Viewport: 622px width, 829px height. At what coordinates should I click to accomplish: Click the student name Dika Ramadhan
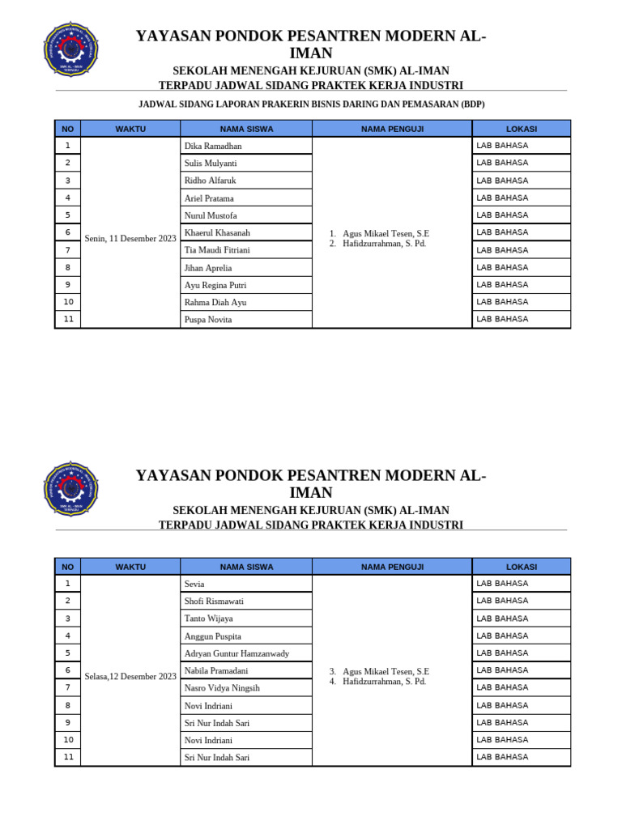click(213, 147)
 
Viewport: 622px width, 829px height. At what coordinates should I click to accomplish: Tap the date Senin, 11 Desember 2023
click(130, 239)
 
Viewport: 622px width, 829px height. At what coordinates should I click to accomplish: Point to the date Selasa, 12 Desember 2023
click(130, 677)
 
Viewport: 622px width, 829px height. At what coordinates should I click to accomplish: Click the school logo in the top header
click(70, 49)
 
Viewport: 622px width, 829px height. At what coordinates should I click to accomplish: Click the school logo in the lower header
click(70, 489)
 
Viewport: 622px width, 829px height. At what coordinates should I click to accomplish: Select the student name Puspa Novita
click(208, 320)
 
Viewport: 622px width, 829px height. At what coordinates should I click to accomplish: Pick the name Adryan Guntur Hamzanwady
click(236, 653)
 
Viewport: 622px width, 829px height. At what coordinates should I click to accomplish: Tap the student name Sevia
click(194, 584)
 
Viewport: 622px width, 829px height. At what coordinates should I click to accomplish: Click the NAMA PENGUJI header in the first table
click(392, 129)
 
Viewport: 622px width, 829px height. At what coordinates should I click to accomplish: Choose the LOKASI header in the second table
click(522, 567)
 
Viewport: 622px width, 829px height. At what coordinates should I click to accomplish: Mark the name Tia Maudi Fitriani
click(217, 250)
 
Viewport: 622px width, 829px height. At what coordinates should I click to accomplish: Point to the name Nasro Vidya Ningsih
click(222, 688)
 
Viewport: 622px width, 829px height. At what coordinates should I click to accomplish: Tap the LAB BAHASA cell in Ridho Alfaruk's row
click(502, 181)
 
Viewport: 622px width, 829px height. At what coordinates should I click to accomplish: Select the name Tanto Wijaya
click(208, 619)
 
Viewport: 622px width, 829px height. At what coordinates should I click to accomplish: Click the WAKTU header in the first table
click(130, 129)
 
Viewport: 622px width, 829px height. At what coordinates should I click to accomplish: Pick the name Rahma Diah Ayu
click(215, 303)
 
